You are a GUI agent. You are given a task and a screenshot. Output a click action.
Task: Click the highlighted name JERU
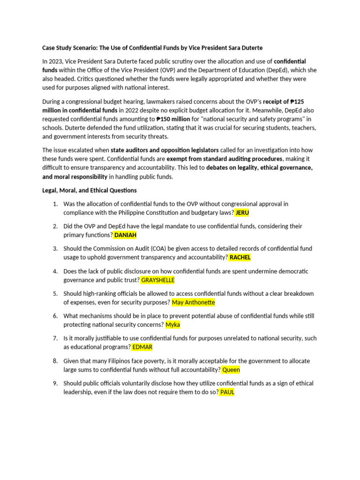[x=242, y=212]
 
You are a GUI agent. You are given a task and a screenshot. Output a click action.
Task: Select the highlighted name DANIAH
[x=125, y=235]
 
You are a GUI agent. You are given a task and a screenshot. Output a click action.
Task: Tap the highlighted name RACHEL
[x=240, y=257]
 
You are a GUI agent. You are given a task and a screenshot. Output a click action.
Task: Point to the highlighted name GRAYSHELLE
[x=158, y=280]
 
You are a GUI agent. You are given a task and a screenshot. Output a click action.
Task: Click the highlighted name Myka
[x=173, y=324]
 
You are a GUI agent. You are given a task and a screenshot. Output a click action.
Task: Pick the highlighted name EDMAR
[x=142, y=347]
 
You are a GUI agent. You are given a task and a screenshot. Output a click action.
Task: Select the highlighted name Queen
[x=231, y=369]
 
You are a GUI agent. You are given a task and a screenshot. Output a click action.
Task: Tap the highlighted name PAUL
[x=227, y=392]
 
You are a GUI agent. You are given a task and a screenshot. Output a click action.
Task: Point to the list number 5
[x=55, y=293]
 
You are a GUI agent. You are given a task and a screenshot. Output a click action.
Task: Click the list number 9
[x=55, y=383]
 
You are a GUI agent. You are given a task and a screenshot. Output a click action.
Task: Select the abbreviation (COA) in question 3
[x=135, y=248]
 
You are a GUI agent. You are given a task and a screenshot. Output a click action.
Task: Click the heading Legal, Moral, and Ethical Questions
[x=90, y=190]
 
